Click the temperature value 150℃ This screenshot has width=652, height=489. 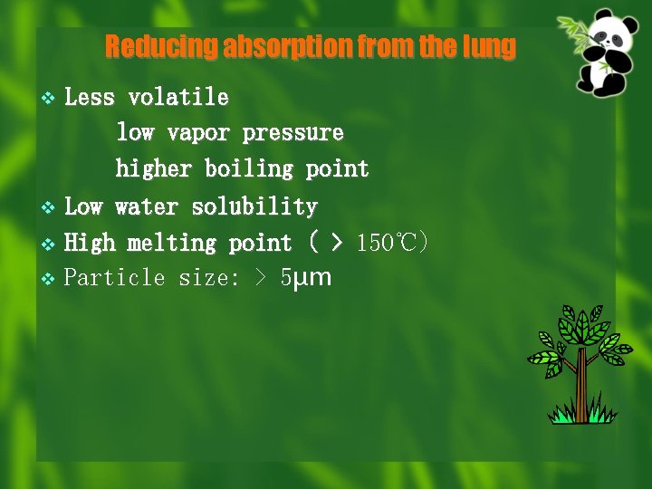pyautogui.click(x=388, y=244)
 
